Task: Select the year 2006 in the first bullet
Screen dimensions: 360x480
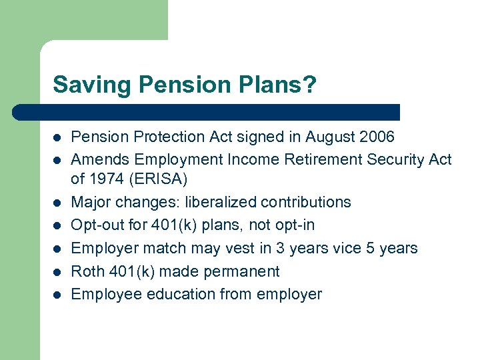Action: tap(376, 137)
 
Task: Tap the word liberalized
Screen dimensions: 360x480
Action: tap(223, 202)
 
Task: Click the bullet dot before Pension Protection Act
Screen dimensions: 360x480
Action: tap(57, 138)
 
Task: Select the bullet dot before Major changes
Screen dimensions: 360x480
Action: tap(57, 203)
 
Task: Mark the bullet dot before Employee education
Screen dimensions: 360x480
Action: tap(57, 295)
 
